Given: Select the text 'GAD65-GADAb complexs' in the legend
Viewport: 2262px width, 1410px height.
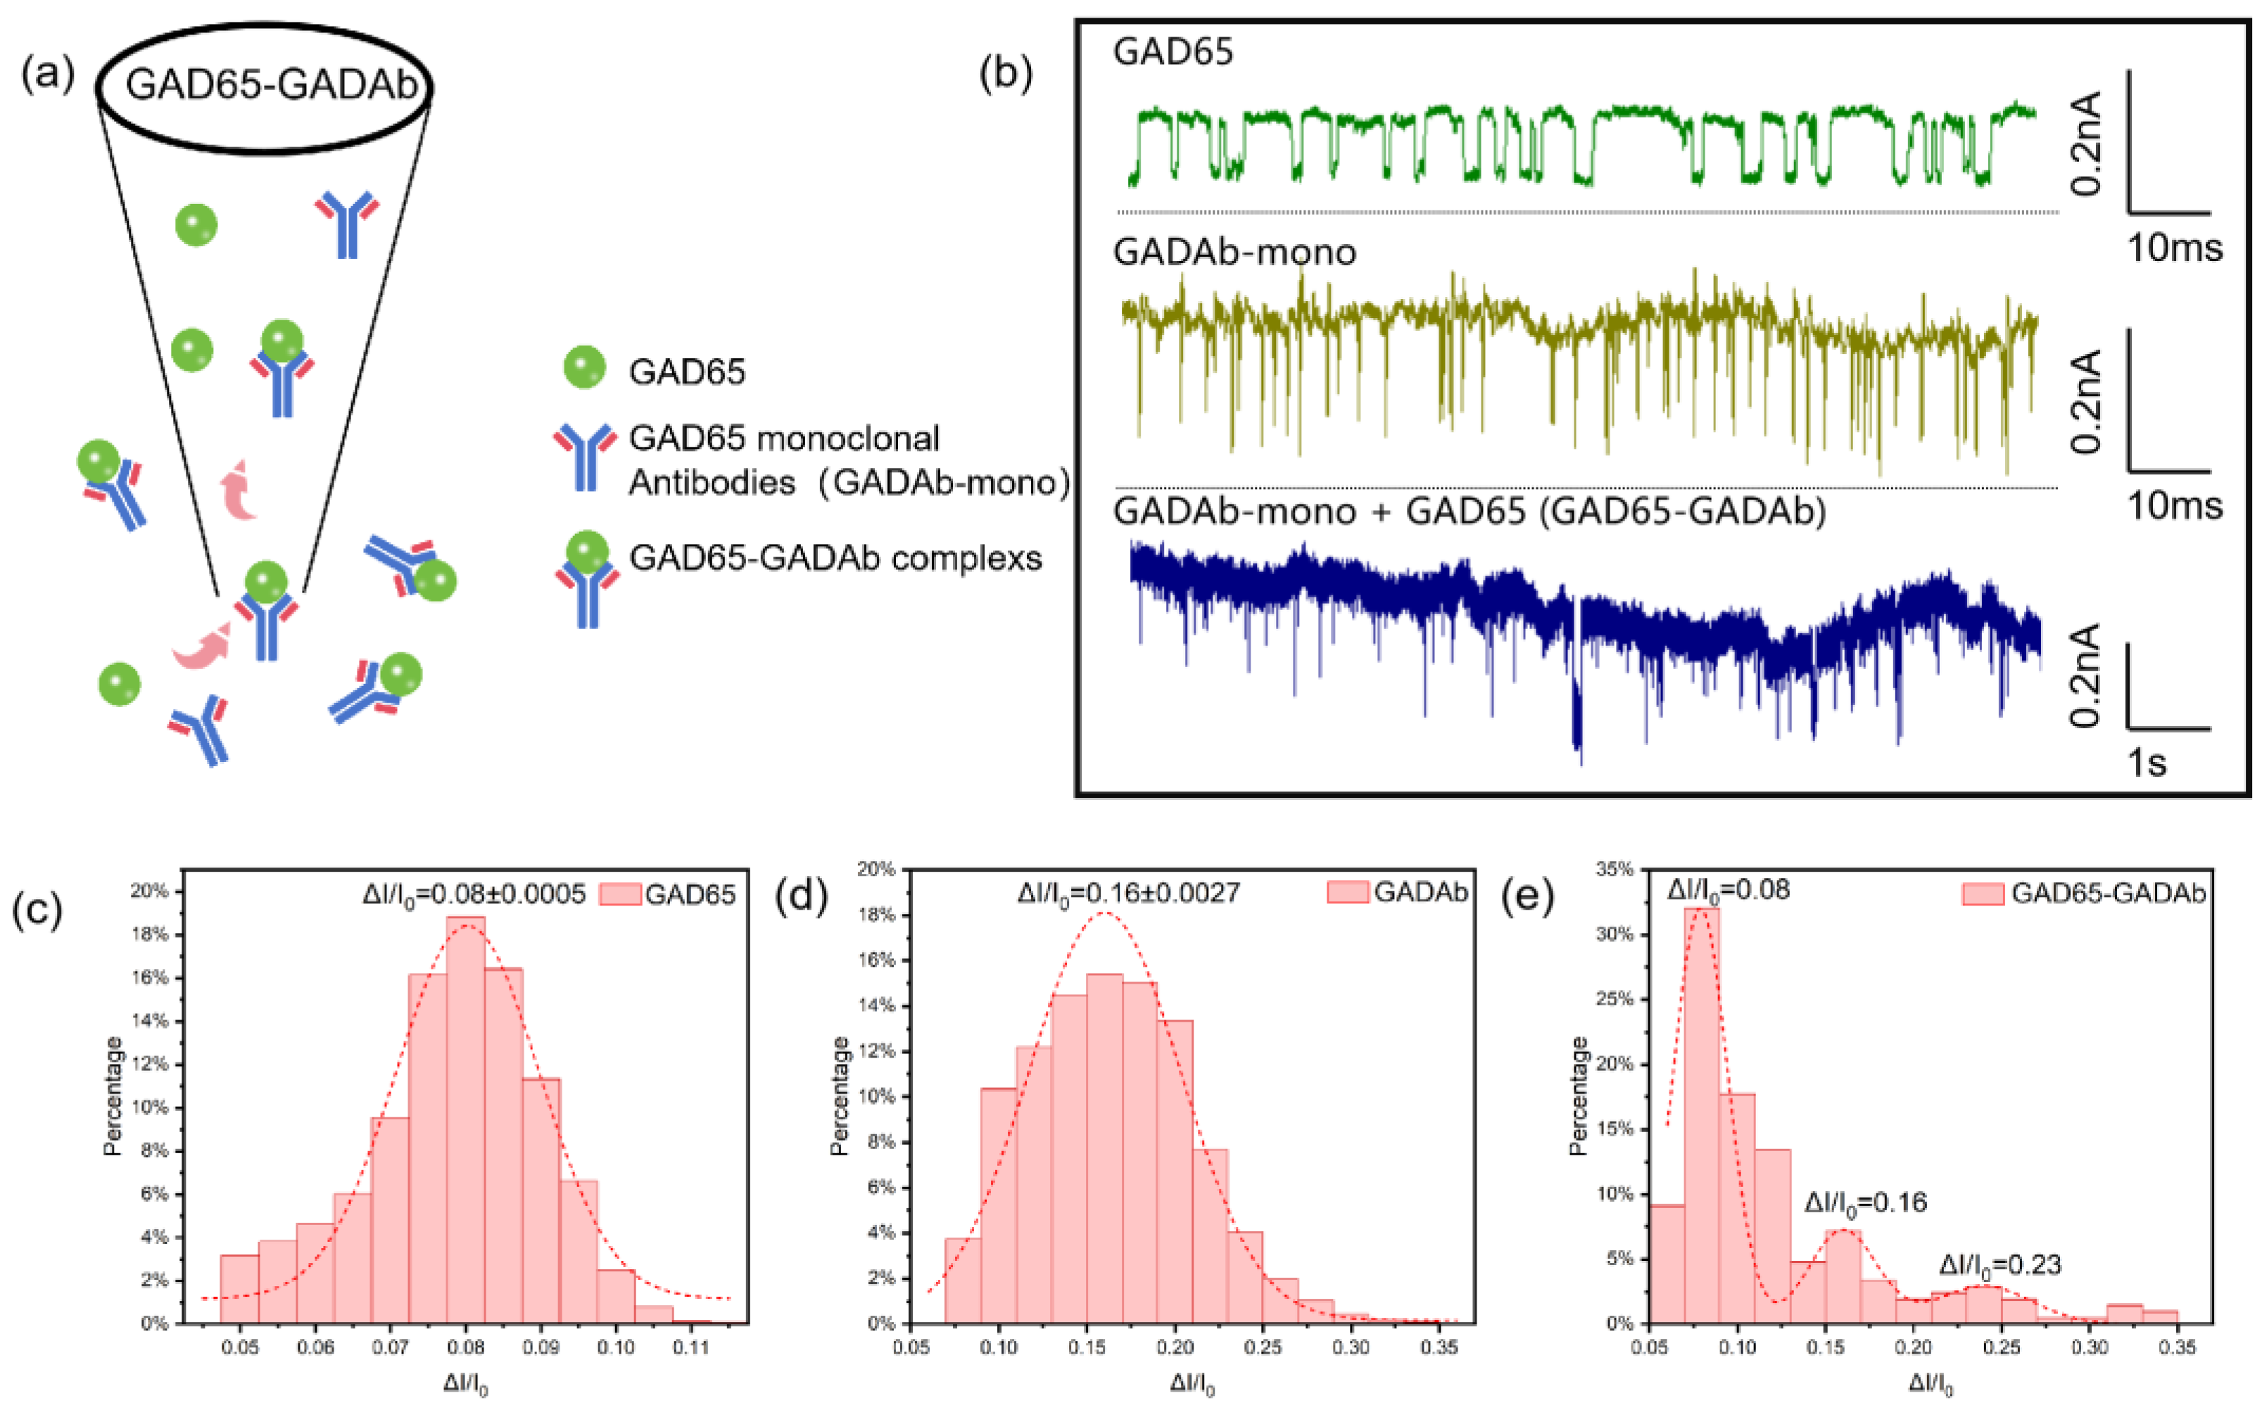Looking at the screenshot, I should click(835, 558).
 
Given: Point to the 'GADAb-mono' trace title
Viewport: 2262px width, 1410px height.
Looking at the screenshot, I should click(1234, 253).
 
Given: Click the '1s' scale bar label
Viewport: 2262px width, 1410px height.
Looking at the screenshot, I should click(2145, 763).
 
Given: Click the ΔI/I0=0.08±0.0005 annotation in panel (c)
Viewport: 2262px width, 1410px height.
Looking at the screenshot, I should click(474, 894).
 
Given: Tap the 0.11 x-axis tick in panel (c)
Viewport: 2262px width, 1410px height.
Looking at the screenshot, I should click(691, 1347).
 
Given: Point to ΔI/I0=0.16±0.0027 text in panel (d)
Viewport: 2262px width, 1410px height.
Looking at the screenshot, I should click(1129, 894).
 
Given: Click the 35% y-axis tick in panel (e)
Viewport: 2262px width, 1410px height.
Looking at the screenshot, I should click(1615, 869).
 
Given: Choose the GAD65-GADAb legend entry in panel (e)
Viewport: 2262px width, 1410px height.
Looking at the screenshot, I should click(2084, 894).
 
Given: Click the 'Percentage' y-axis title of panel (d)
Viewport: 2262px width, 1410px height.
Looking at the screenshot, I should click(840, 1095).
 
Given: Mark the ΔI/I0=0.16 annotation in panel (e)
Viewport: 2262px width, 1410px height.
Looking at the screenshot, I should click(1866, 1203).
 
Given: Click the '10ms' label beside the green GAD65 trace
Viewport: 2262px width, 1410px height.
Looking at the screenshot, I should click(2174, 248).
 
